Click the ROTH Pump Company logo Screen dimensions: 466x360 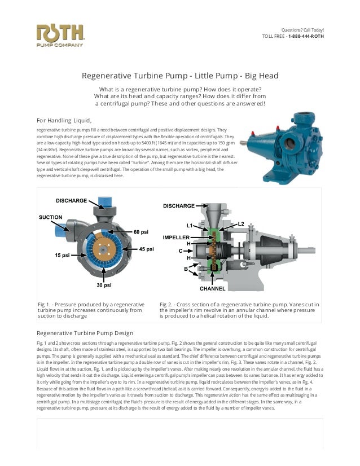(60, 36)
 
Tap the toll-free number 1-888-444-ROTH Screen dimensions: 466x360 (306, 37)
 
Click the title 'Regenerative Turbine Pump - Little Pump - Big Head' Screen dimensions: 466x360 (180, 76)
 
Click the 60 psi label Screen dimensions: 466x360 (141, 232)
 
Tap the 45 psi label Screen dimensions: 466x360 (146, 249)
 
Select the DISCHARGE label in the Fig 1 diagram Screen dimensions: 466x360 (71, 201)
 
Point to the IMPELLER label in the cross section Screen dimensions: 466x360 (176, 237)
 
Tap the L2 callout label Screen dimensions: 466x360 (241, 223)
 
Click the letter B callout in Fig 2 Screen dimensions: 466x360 (186, 269)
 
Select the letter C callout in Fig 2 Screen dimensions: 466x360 (181, 250)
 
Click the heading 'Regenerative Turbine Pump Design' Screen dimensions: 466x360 (85, 333)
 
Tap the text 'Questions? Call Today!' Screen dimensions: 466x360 (302, 30)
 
